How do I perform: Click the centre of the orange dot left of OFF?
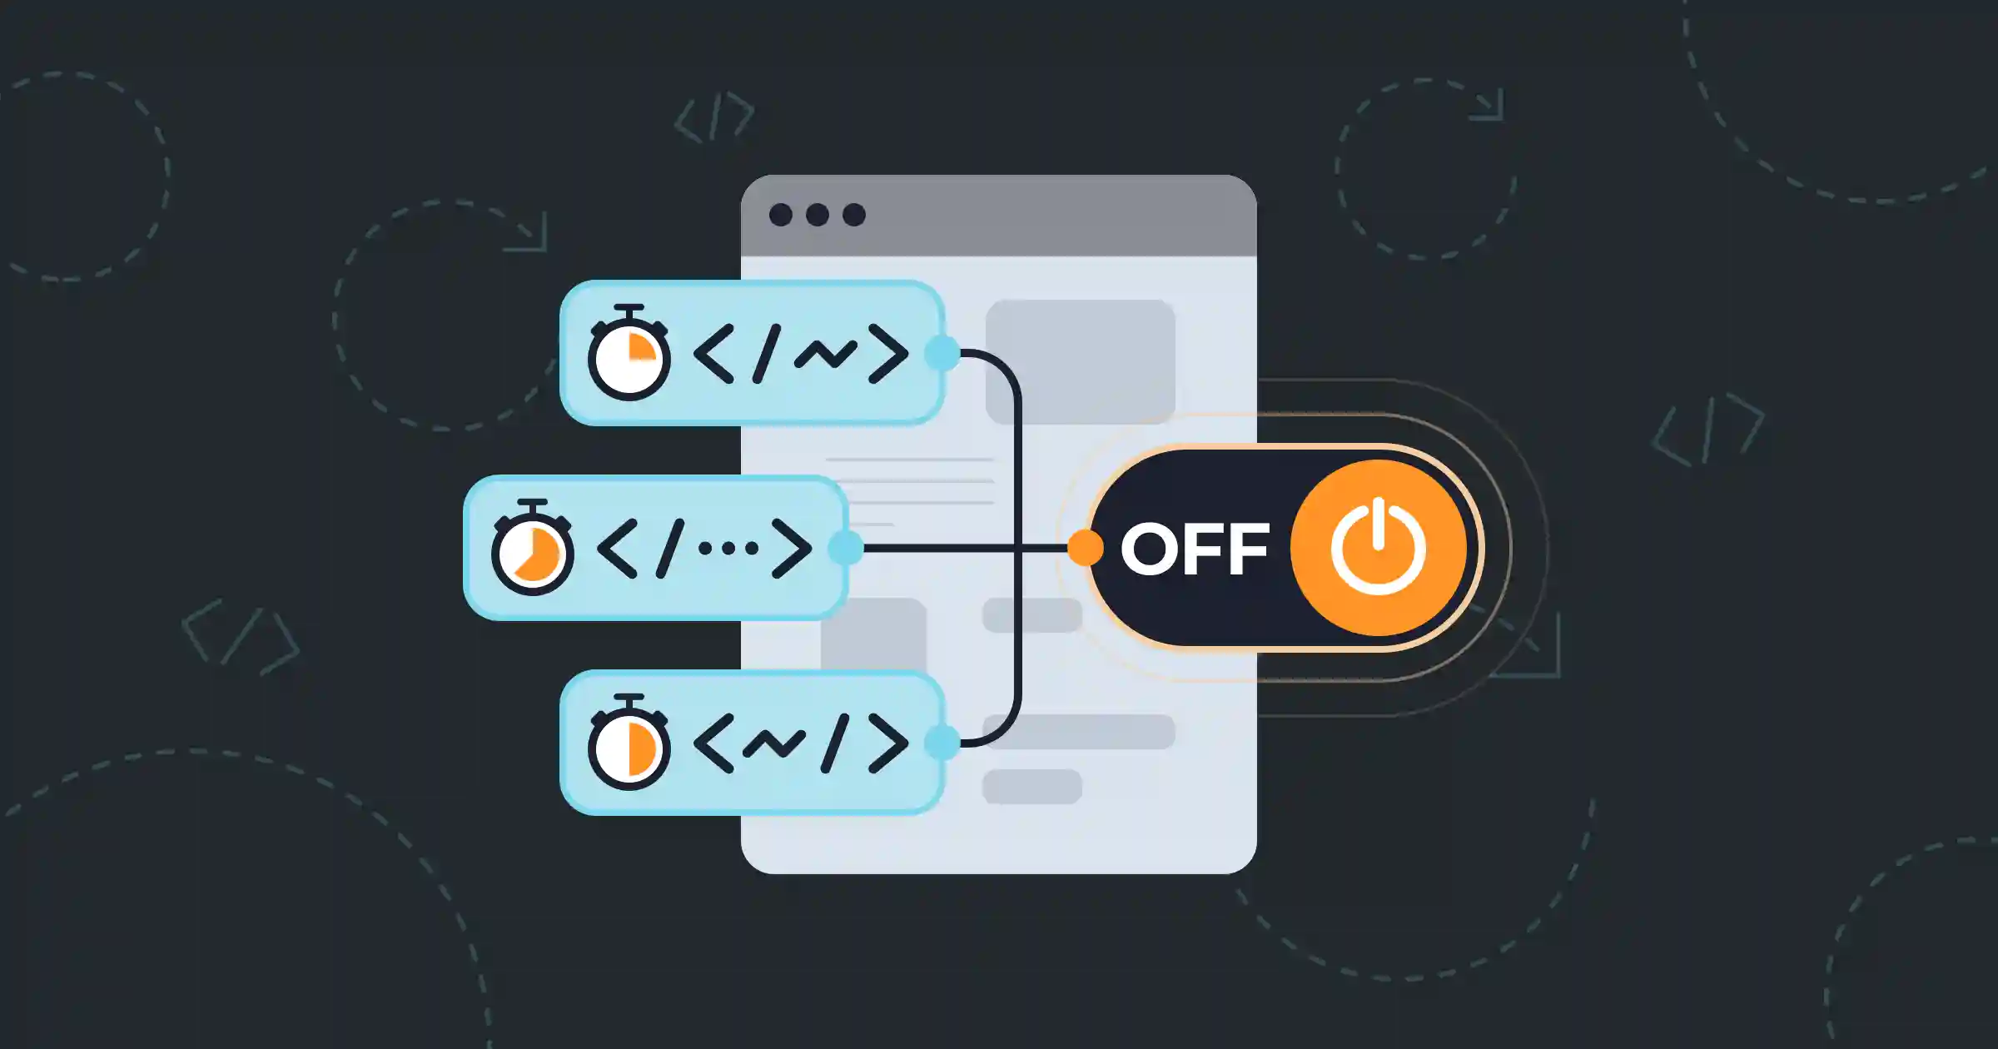point(1086,548)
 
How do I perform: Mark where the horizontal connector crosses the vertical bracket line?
point(1017,548)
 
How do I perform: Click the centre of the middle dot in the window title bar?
point(818,215)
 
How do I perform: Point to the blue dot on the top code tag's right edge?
point(942,353)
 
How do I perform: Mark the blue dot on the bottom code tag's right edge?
point(942,743)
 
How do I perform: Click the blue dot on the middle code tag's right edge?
point(846,548)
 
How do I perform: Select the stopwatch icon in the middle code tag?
point(532,548)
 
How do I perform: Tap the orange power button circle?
point(1379,548)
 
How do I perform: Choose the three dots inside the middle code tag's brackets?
point(728,548)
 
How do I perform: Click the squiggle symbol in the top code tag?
point(825,355)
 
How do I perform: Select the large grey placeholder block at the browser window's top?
point(1081,362)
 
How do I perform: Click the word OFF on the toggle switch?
point(1195,549)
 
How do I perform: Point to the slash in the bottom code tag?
point(835,743)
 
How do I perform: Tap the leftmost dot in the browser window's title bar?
point(781,215)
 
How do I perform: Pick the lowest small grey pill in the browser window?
point(1032,787)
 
